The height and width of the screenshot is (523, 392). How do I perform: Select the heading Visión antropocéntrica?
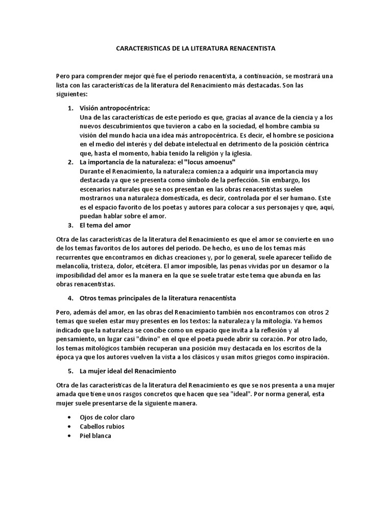(x=114, y=108)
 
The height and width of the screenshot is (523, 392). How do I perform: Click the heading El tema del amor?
(x=105, y=225)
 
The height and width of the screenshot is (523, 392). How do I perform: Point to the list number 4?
(x=70, y=297)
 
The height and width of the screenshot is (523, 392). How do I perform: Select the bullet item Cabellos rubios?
(x=102, y=426)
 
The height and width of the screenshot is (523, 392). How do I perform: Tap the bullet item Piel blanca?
(x=95, y=436)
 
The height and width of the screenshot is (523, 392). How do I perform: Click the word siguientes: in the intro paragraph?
(x=71, y=94)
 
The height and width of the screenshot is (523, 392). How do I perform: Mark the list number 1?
(x=70, y=108)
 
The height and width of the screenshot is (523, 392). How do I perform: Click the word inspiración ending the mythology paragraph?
(x=311, y=356)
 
